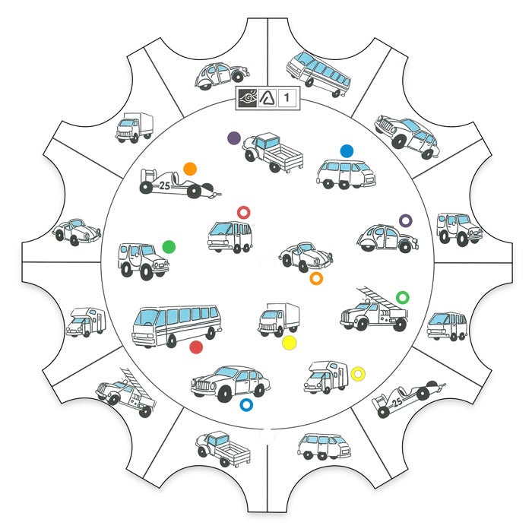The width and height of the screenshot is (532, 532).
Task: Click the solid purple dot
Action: (x=234, y=138)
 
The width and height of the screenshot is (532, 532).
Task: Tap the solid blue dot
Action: (x=347, y=150)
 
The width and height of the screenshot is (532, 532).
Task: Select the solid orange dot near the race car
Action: (x=190, y=169)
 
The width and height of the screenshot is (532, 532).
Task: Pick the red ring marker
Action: (x=244, y=212)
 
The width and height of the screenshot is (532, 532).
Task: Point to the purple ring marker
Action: (x=405, y=220)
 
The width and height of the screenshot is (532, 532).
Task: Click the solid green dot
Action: (x=169, y=246)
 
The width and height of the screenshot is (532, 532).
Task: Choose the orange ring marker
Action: (x=317, y=279)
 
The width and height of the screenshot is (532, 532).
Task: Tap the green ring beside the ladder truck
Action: (x=403, y=296)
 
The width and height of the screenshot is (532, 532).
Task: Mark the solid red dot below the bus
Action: (x=196, y=347)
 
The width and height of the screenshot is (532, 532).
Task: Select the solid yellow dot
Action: (x=289, y=343)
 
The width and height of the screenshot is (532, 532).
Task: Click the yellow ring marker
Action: (x=358, y=373)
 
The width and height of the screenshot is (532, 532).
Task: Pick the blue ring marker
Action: (x=245, y=404)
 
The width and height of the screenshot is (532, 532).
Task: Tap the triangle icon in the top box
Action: (x=268, y=97)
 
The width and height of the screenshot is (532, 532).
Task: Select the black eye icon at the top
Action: (x=247, y=97)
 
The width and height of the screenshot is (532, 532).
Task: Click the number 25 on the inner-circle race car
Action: (x=165, y=185)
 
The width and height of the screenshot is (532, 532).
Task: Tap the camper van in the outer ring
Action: (x=84, y=321)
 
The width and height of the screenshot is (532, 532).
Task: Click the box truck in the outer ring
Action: (x=134, y=127)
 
